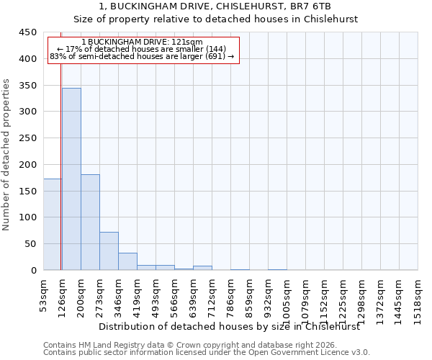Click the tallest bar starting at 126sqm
[x=71, y=179]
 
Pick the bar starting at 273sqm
[x=109, y=251]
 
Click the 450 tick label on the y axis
[x=27, y=32]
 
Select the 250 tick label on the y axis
[x=27, y=138]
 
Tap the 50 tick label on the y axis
[x=30, y=244]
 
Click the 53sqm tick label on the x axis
[x=44, y=295]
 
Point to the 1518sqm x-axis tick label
[x=418, y=300]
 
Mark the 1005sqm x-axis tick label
[x=287, y=300]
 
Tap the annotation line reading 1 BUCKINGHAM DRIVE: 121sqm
[x=142, y=42]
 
